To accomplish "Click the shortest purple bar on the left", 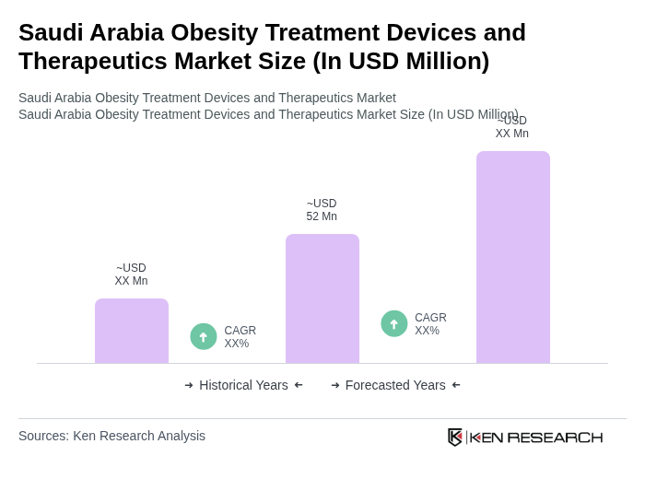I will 132,331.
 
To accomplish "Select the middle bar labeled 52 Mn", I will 322,298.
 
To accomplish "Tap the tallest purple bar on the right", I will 513,257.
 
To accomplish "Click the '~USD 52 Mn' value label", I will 322,210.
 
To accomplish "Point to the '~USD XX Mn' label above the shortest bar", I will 131,275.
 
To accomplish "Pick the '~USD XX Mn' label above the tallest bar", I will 512,128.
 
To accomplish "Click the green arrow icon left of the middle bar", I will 204,336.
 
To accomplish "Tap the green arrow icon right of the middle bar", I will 394,323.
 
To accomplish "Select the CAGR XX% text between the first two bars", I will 240,337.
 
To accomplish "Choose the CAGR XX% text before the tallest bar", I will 430,324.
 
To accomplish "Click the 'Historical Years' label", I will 243,385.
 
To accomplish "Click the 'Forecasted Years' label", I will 395,385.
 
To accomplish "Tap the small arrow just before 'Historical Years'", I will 189,385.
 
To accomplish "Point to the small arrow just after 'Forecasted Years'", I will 456,385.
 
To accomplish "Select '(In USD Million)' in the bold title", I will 401,61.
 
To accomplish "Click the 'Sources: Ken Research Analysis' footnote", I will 111,436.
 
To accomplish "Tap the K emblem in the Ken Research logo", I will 455,437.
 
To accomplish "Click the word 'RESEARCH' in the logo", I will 555,437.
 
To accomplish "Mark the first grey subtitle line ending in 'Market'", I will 207,98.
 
